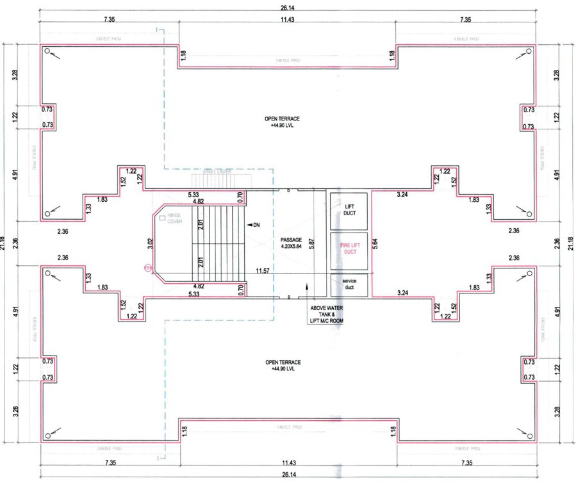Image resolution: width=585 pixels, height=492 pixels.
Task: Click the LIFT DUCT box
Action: point(349,209)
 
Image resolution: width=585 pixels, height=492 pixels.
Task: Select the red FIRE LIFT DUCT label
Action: point(349,249)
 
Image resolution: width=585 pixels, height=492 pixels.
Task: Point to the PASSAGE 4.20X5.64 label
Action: point(291,243)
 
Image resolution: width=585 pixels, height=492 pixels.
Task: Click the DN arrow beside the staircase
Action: point(252,225)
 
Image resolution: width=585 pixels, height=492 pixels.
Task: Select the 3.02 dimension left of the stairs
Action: point(150,244)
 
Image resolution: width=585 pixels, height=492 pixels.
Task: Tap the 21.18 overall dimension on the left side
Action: point(4,243)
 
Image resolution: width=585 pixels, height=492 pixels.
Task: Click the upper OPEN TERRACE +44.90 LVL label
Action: point(282,122)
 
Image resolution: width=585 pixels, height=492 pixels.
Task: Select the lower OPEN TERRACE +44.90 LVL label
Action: point(282,366)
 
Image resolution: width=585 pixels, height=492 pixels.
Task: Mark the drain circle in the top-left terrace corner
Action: point(47,51)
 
